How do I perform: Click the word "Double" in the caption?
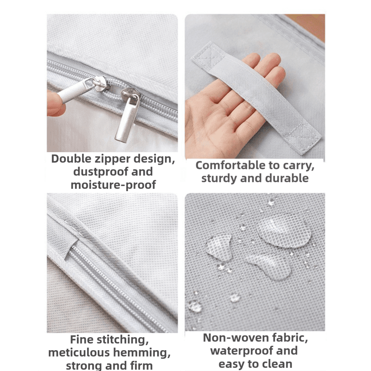coord(71,159)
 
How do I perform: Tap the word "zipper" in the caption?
coord(112,159)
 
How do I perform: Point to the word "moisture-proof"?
coord(113,185)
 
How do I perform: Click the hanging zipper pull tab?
coord(127,118)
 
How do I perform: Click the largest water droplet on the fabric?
coord(283,230)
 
